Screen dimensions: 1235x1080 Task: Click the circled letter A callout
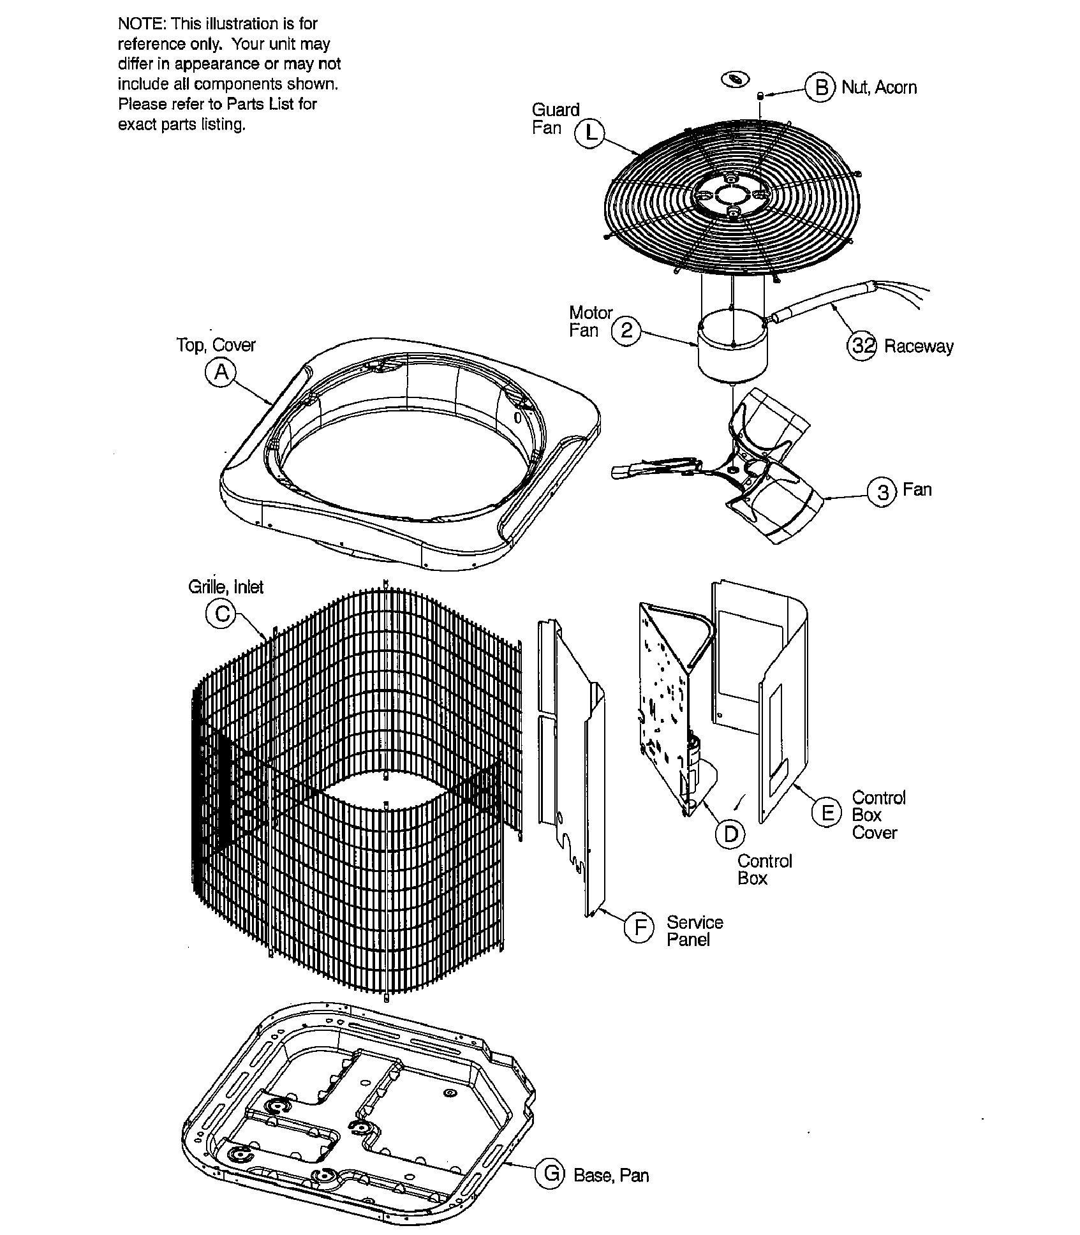point(221,373)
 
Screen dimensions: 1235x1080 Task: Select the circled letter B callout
point(820,87)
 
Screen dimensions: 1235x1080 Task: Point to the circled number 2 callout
point(626,330)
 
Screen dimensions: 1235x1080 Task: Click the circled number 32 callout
point(862,346)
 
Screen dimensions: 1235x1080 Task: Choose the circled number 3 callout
point(883,492)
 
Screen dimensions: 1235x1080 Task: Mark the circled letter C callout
point(221,614)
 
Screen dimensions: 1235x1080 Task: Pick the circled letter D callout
point(730,834)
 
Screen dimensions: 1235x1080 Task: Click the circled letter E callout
point(827,813)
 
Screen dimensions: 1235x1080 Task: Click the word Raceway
point(919,346)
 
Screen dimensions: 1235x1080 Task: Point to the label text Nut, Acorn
point(879,87)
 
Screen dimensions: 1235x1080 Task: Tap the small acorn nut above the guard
point(760,96)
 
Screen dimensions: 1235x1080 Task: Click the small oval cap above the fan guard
point(735,80)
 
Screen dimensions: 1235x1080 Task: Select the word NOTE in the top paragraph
point(140,24)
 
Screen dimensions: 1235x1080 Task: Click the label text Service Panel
point(694,931)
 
